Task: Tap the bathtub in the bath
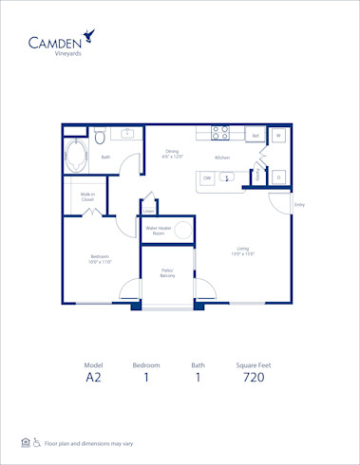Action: (78, 152)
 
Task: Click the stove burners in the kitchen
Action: (219, 133)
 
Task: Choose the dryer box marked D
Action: (279, 177)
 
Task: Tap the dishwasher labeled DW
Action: (206, 177)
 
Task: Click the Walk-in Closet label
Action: (87, 198)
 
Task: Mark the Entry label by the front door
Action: (299, 205)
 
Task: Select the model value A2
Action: (93, 377)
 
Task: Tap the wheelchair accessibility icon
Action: (36, 442)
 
